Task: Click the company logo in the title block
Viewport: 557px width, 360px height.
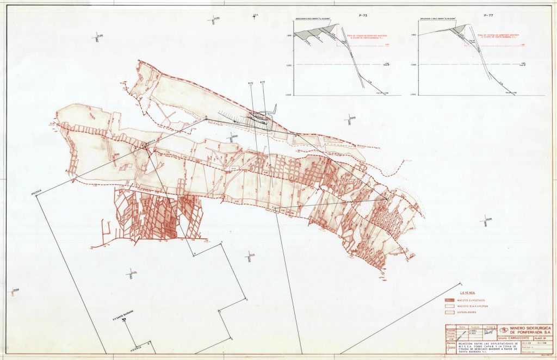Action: (x=504, y=329)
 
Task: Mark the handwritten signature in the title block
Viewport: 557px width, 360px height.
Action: (x=491, y=331)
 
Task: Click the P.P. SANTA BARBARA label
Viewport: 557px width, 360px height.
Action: (x=123, y=313)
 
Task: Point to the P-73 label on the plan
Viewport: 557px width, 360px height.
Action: (x=250, y=83)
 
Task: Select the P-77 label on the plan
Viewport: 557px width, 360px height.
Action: (x=263, y=82)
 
